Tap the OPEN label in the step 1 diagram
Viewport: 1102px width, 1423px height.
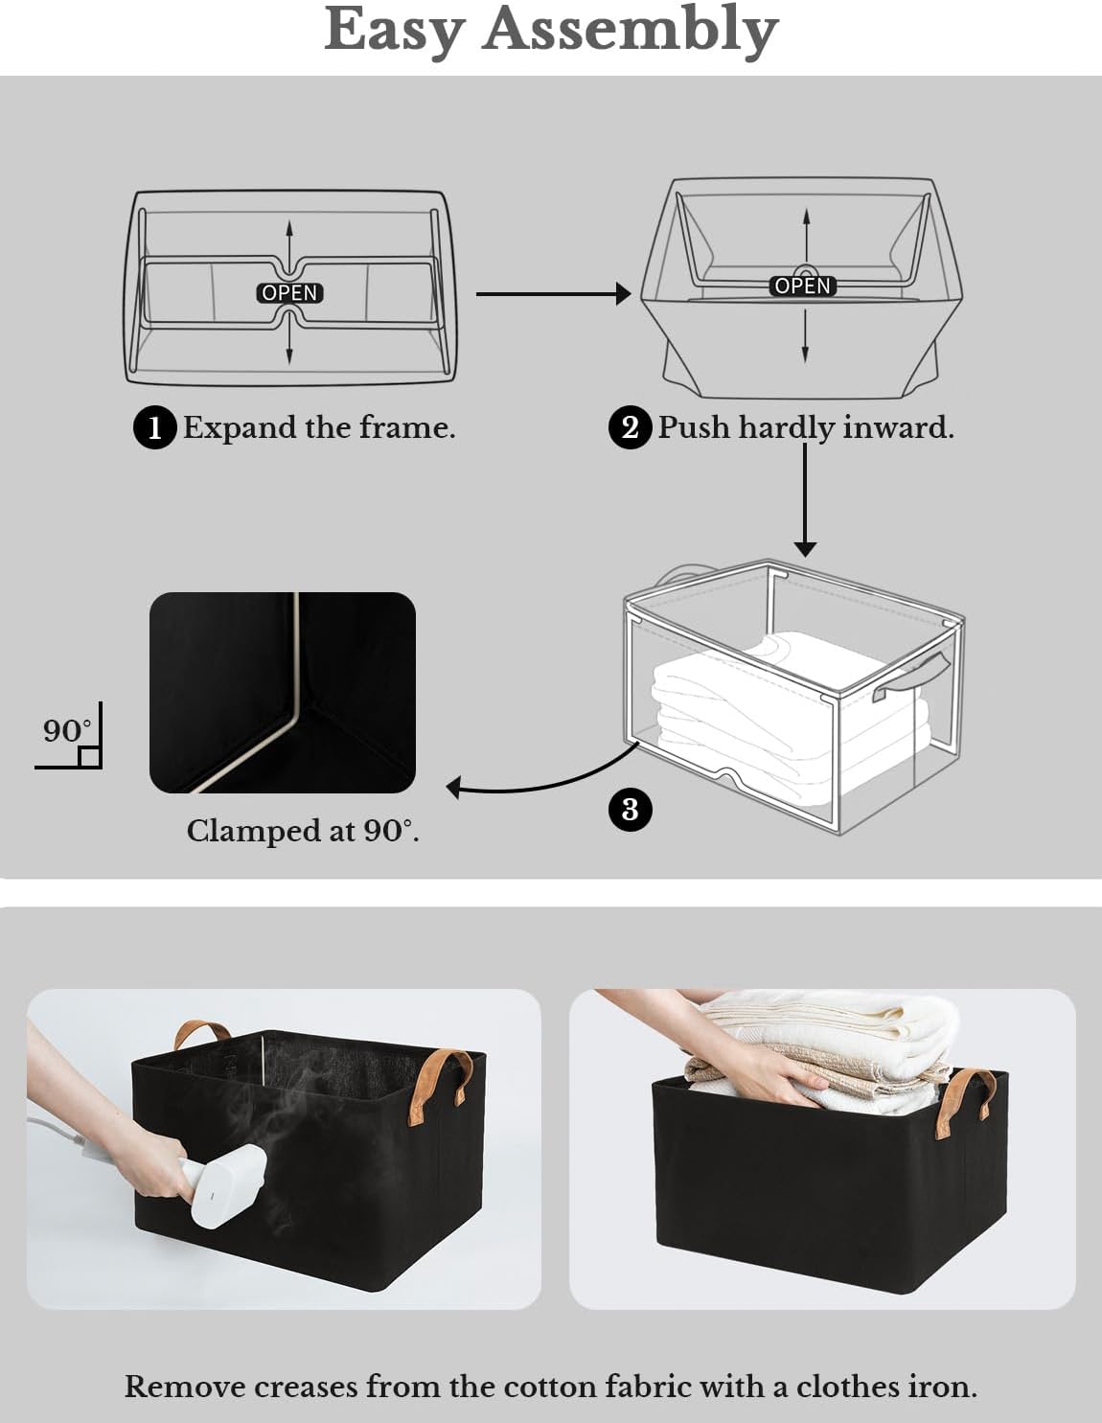(289, 292)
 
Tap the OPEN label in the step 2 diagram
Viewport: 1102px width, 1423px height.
(803, 286)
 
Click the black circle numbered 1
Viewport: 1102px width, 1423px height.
(154, 427)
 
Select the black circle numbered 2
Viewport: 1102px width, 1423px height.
(630, 426)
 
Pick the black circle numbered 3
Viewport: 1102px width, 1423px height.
(630, 809)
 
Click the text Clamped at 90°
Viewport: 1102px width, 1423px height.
(303, 831)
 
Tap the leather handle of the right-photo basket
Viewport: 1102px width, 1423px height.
(968, 1102)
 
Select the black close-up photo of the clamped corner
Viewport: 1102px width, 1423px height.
(283, 692)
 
